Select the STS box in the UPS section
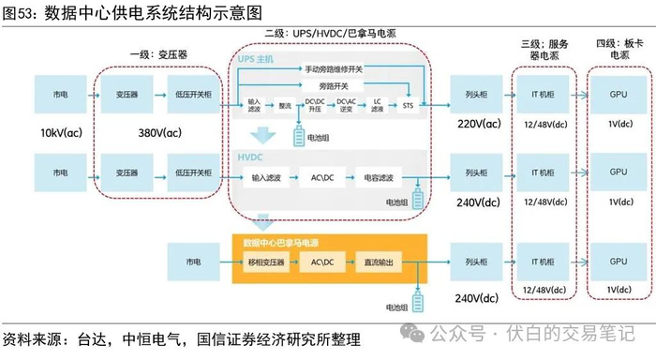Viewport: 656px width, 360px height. (x=407, y=106)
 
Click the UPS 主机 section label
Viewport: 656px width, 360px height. (x=258, y=59)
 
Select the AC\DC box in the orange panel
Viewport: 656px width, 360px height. (x=322, y=262)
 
